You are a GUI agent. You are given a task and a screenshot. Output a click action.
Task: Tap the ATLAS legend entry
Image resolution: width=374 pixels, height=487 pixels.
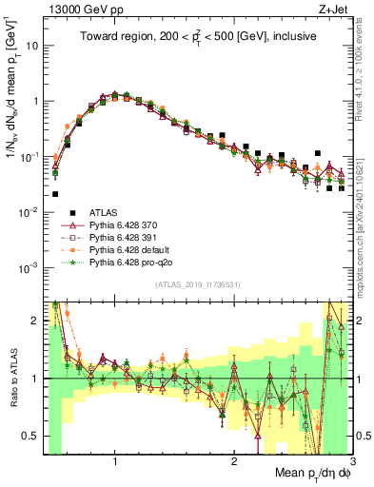[105, 212]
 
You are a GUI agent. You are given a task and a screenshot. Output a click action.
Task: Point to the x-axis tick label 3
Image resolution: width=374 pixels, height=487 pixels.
[351, 463]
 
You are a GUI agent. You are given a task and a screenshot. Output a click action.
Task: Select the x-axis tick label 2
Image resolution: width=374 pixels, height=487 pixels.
[233, 463]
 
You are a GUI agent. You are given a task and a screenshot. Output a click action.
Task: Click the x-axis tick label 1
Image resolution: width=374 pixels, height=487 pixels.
[115, 463]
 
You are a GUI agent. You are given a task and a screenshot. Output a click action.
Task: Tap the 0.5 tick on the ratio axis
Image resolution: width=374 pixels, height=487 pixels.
[32, 437]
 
